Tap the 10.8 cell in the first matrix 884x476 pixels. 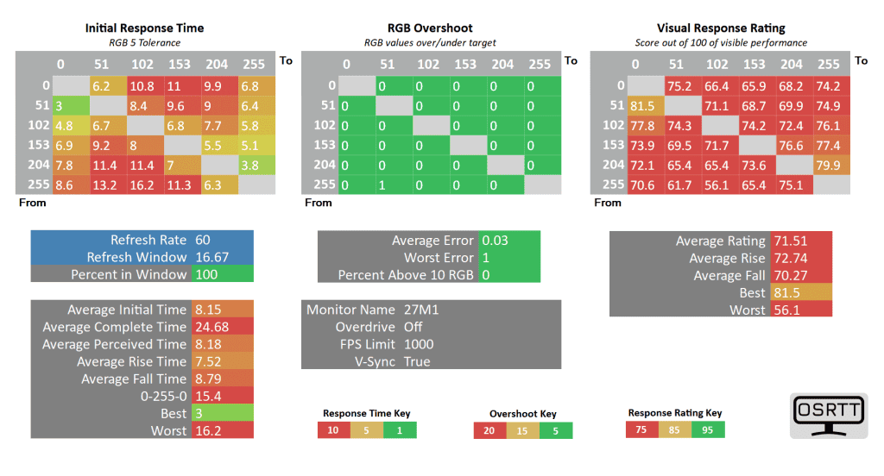point(143,86)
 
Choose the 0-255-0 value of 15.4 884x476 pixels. point(207,396)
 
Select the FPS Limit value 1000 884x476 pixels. point(419,344)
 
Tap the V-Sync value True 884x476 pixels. point(417,361)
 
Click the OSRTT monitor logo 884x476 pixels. point(828,417)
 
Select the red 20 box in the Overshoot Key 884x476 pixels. point(489,430)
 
